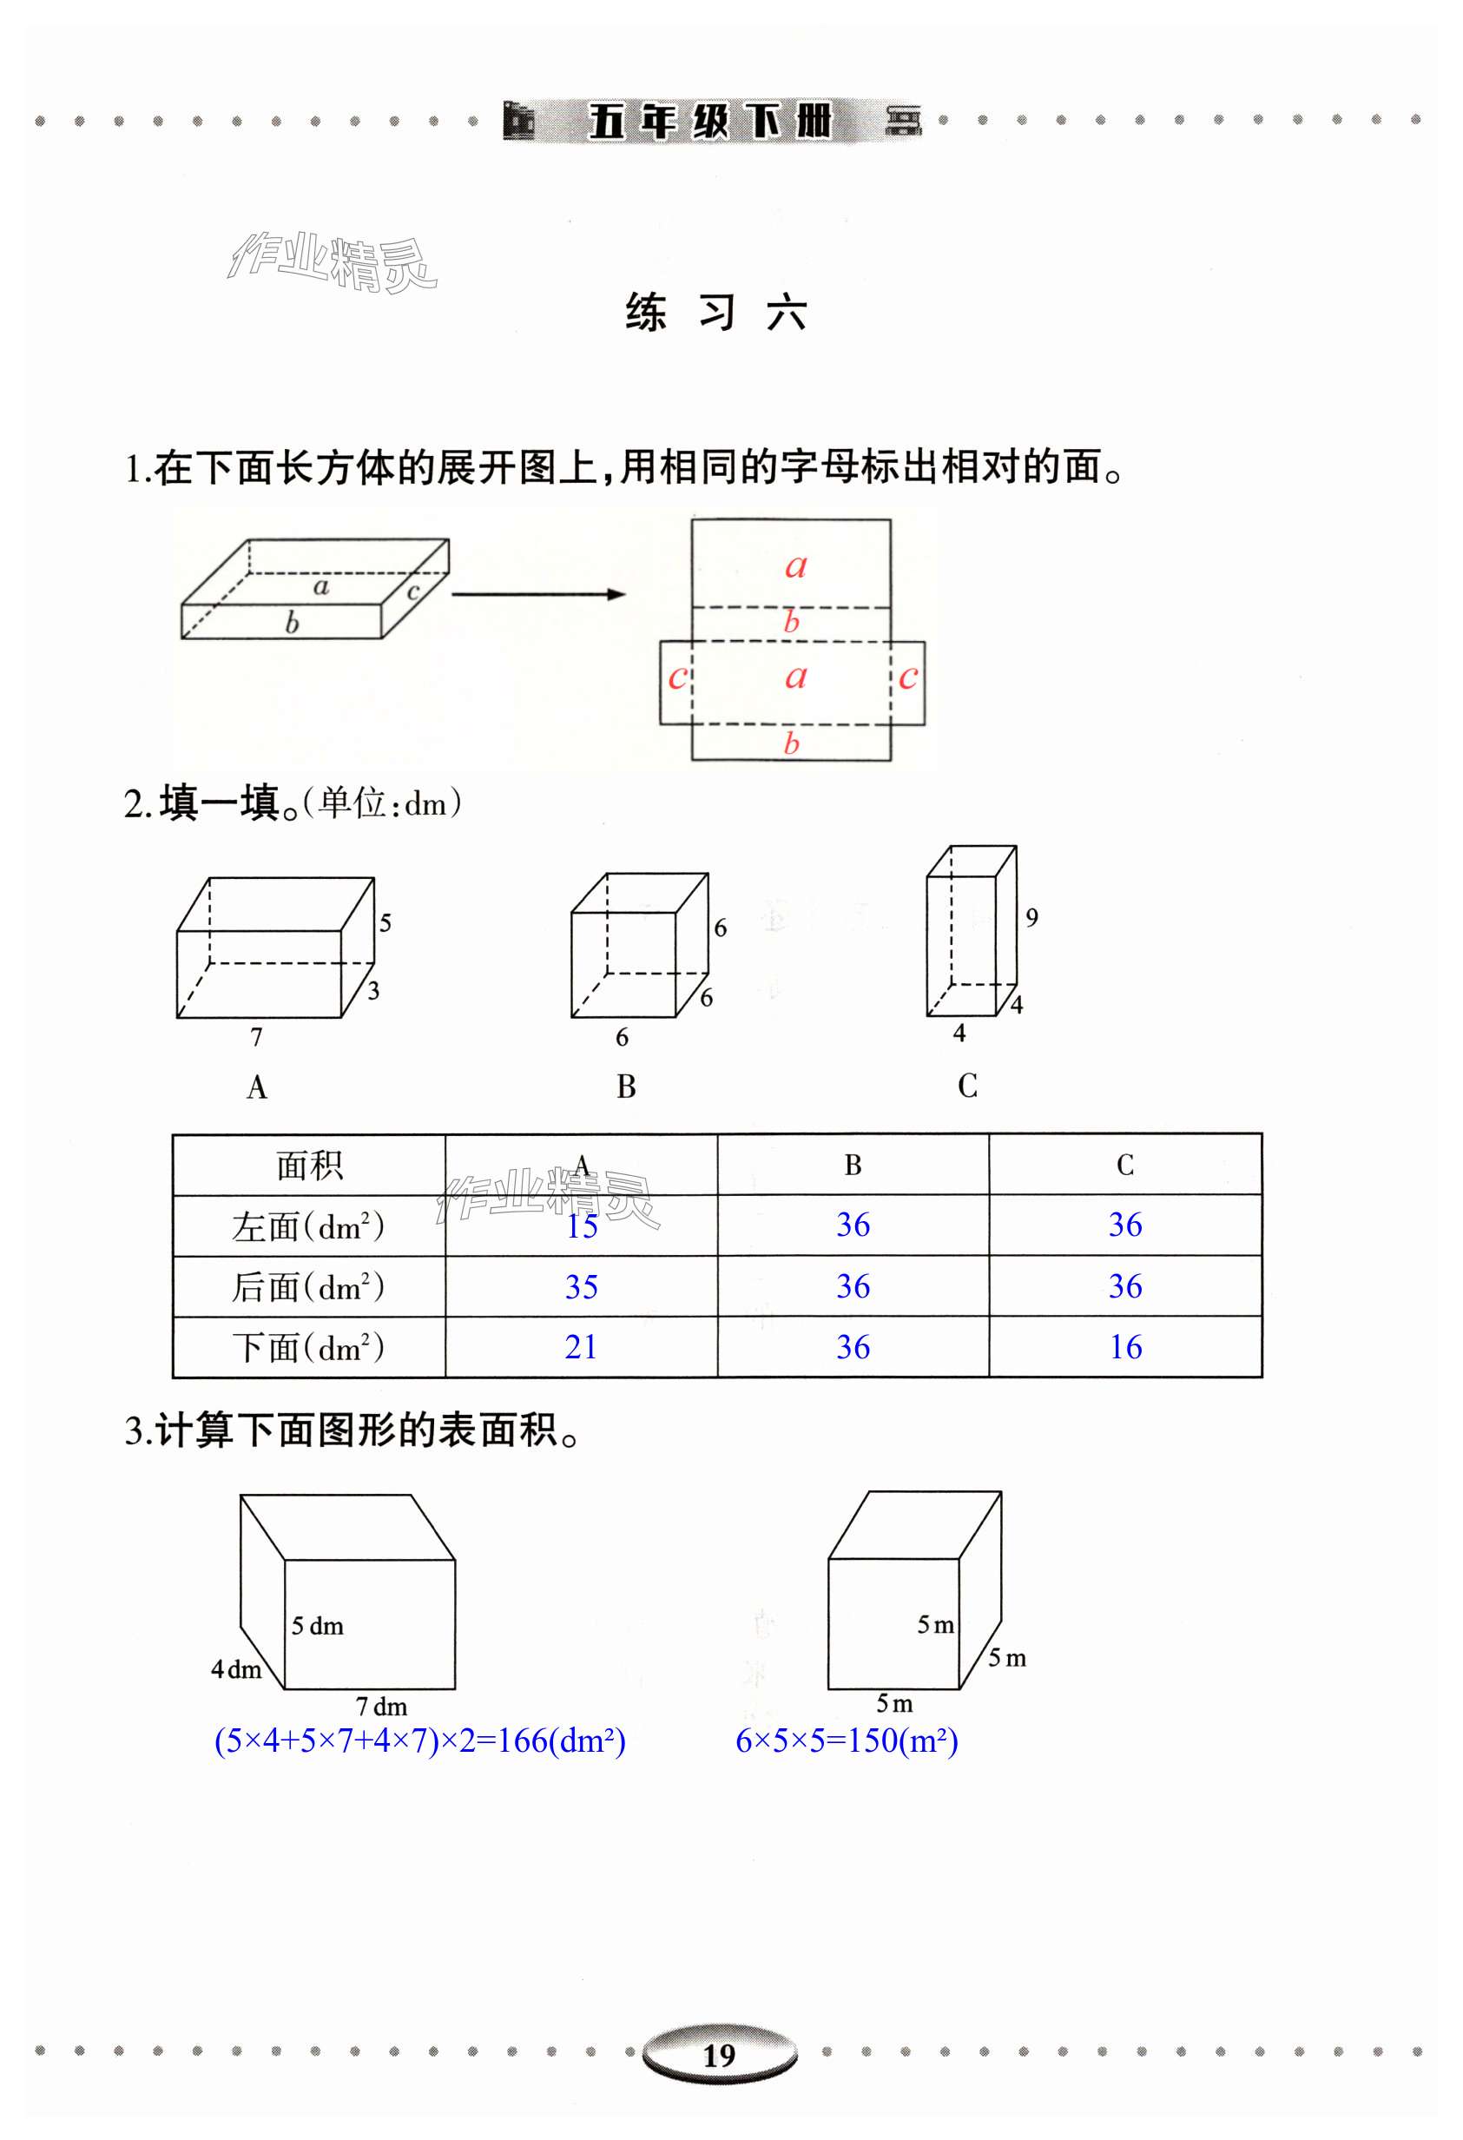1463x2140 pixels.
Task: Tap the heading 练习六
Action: pos(716,313)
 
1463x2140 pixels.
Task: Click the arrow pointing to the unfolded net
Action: pos(538,594)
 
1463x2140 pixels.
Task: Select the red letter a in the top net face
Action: pos(795,565)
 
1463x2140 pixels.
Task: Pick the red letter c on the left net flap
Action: pos(677,677)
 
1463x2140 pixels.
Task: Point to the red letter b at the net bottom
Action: pos(791,743)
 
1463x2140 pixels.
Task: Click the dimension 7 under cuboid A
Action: pos(257,1037)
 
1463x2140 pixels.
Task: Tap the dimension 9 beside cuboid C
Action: pos(1032,917)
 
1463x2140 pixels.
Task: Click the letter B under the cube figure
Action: pos(626,1087)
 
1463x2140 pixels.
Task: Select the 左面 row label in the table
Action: pos(308,1226)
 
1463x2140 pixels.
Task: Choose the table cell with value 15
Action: pos(581,1226)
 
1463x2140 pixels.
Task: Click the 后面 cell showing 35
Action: pos(581,1286)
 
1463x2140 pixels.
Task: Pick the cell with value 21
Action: pos(581,1347)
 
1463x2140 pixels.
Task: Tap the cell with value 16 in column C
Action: pos(1125,1347)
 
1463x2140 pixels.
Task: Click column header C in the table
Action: pos(1125,1165)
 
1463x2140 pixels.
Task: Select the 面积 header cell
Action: pos(309,1166)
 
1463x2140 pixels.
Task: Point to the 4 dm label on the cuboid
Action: pos(235,1669)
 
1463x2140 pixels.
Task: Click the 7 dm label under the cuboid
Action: pos(381,1707)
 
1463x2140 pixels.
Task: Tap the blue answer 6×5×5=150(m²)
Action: pos(847,1741)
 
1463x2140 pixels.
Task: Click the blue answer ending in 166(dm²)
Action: pos(420,1741)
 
